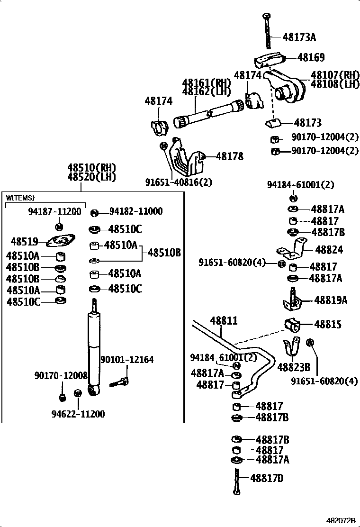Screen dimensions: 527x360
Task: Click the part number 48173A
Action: (x=299, y=37)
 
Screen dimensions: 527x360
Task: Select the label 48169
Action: (x=311, y=58)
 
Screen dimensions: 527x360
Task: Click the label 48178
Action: (x=230, y=156)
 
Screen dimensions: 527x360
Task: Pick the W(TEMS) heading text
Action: (x=20, y=198)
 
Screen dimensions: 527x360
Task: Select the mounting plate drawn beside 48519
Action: (x=60, y=242)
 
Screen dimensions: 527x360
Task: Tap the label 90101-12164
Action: (x=127, y=360)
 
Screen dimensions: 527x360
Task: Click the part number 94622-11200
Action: (x=78, y=414)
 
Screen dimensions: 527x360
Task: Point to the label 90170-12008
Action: (x=61, y=375)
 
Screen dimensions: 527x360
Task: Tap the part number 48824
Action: (x=329, y=250)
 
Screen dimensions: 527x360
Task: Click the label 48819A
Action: (x=331, y=300)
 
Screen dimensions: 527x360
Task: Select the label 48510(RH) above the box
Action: (x=91, y=168)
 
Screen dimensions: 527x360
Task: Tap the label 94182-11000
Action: (x=136, y=212)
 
